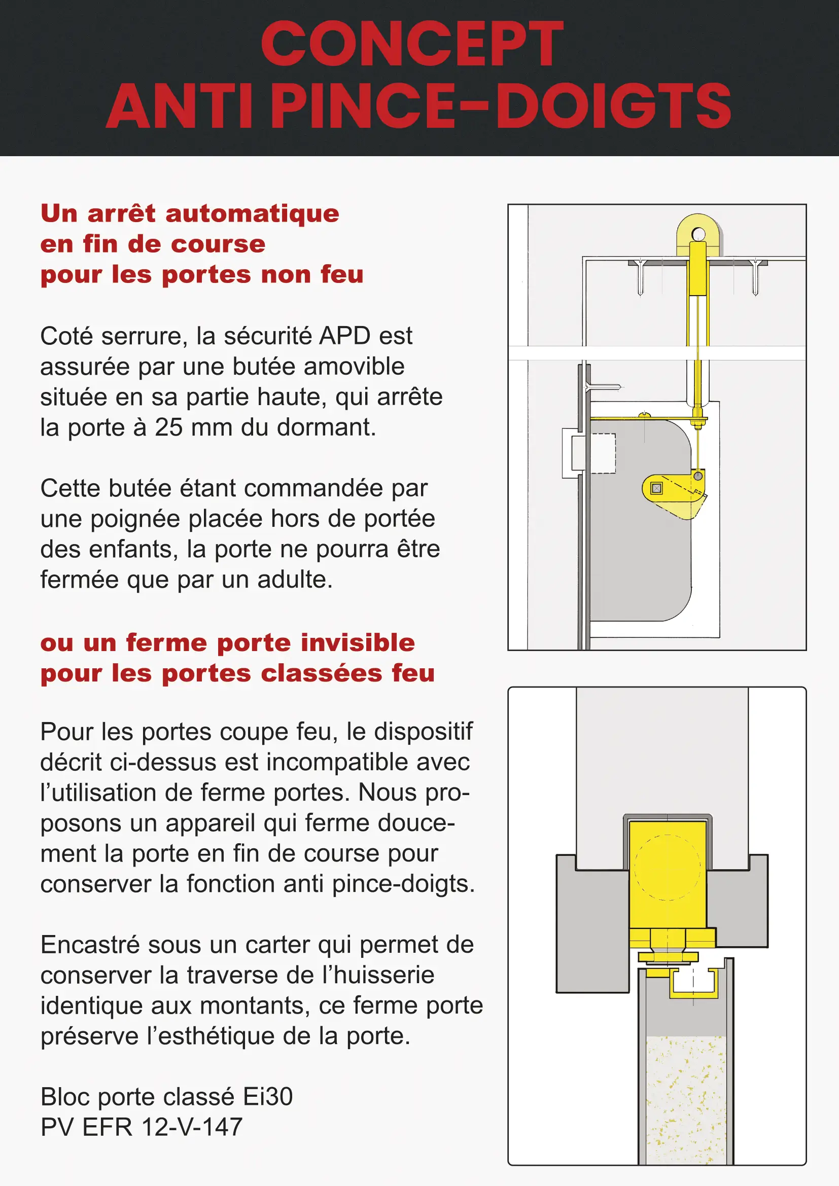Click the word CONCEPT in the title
pyautogui.click(x=412, y=45)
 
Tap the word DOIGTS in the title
pyautogui.click(x=613, y=106)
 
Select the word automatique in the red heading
pyautogui.click(x=252, y=214)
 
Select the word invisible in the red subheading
pyautogui.click(x=358, y=643)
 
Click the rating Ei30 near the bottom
pyautogui.click(x=268, y=1097)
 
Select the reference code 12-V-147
pyautogui.click(x=192, y=1128)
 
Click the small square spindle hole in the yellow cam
pyautogui.click(x=656, y=488)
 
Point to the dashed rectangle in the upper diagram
pyautogui.click(x=603, y=453)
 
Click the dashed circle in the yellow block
pyautogui.click(x=667, y=868)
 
